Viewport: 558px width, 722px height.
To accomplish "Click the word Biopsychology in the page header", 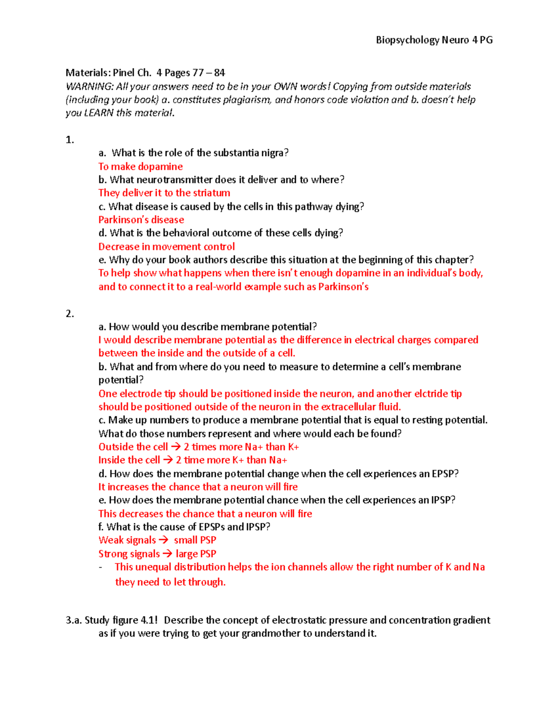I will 407,40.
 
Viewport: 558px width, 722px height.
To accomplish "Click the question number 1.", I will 70,140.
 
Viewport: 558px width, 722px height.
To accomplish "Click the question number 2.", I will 70,314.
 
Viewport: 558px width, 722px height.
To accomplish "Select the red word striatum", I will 212,193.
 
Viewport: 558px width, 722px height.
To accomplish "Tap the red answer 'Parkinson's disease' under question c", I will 141,220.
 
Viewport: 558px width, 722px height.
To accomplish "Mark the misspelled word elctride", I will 432,394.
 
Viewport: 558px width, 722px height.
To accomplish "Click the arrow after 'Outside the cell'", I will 176,447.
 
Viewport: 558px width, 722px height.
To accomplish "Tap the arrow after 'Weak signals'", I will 163,540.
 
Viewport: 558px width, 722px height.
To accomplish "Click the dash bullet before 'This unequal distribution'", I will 101,567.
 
